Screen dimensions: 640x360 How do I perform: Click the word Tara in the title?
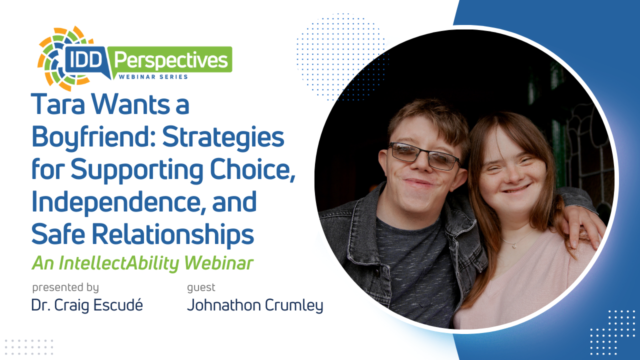click(58, 104)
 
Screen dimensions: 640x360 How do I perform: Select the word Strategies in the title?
click(223, 137)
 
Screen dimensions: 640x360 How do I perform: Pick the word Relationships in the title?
click(172, 235)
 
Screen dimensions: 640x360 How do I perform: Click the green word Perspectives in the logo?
click(171, 60)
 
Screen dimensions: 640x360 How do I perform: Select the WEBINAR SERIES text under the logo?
click(153, 77)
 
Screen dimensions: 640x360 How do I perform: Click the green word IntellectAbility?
click(119, 263)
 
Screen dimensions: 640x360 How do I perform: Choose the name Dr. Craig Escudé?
click(87, 305)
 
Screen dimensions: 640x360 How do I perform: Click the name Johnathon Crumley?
click(255, 305)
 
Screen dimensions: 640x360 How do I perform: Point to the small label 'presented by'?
click(65, 287)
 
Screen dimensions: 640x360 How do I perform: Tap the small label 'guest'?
click(201, 287)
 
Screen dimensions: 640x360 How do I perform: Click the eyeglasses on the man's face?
click(424, 155)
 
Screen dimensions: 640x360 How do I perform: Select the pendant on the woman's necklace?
click(514, 245)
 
